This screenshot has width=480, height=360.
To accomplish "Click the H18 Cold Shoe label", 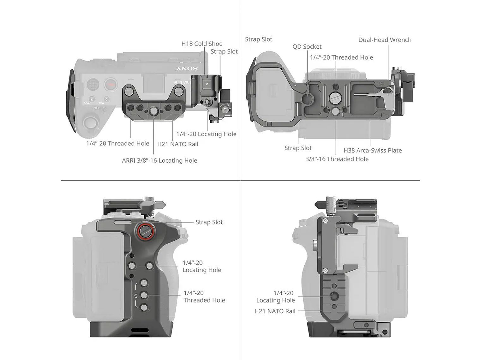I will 202,44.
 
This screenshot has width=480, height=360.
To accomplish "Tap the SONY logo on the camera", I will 187,69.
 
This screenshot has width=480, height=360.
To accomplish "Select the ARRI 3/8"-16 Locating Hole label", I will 159,160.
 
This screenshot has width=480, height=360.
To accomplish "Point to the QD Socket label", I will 307,47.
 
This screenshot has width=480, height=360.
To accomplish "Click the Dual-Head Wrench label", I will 385,40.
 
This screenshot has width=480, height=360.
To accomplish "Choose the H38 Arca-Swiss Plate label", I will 373,150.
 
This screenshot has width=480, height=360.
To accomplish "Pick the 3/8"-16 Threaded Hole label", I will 337,159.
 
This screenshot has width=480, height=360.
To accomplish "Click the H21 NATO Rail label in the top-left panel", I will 178,144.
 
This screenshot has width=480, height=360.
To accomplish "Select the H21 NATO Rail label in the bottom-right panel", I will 275,311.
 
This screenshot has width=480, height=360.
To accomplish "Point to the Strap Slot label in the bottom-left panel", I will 209,222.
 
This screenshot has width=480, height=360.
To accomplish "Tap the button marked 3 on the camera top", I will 92,99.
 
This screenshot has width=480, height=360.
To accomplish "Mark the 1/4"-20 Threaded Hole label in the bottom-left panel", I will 204,297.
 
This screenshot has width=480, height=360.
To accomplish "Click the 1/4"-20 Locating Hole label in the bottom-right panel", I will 275,297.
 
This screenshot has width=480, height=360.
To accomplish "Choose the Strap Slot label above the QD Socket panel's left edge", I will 258,39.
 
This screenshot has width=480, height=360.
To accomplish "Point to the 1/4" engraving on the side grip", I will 136,295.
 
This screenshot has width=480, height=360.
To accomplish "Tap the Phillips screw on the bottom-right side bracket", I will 325,271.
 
